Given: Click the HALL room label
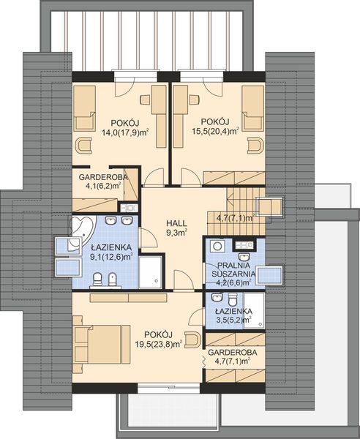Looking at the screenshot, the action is [176, 223].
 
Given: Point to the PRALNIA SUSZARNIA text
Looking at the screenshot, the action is [233, 269].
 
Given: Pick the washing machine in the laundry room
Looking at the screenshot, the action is [217, 246].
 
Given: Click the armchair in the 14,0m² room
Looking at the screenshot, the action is [83, 146].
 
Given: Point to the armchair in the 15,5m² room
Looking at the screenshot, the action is [256, 146].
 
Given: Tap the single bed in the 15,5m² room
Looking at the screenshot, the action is [252, 108].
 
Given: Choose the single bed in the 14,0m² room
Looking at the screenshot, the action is [84, 108].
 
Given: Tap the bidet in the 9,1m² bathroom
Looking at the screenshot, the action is [112, 279].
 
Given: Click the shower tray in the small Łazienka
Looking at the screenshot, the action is [254, 310].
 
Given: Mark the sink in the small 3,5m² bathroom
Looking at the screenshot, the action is [217, 297].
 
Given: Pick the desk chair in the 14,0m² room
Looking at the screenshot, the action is [145, 100].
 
